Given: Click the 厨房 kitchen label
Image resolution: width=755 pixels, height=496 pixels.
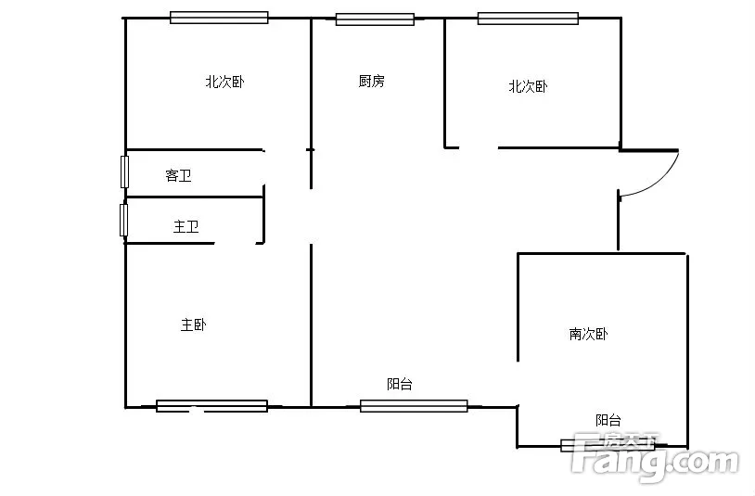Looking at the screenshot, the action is (x=371, y=81).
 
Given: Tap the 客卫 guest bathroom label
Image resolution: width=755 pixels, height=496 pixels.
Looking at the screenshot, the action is (x=179, y=175).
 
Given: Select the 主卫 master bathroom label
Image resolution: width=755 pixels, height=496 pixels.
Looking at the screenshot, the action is (x=186, y=226).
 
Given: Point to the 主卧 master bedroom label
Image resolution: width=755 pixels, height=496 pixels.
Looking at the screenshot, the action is (x=194, y=324).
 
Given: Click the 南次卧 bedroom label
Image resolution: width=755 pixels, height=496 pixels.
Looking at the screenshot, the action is (x=588, y=334).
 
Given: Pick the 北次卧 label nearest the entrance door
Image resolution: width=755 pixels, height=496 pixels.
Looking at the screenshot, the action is (x=528, y=86).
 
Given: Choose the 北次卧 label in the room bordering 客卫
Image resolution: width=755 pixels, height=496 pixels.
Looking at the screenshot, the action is (x=224, y=82).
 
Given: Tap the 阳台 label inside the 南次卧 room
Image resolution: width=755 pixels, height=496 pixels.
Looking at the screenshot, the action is (x=608, y=420).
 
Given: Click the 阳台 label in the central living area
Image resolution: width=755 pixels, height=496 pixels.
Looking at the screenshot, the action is (x=400, y=384).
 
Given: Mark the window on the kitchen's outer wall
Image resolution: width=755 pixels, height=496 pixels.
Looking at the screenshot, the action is (x=375, y=19).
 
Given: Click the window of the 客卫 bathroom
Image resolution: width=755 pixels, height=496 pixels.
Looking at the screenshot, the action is (x=124, y=172).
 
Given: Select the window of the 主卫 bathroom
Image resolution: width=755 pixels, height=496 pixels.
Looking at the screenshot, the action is (x=123, y=220).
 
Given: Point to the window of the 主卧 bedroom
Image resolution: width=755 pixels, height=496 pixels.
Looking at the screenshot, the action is (x=211, y=406).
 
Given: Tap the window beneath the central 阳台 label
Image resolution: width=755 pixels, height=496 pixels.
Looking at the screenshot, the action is (x=414, y=406).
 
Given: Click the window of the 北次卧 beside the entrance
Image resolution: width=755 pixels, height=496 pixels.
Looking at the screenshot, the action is (x=528, y=19).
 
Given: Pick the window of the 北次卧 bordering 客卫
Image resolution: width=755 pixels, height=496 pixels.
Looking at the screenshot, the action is (x=219, y=18).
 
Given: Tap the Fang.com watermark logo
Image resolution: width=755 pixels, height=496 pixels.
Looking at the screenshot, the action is (x=655, y=457).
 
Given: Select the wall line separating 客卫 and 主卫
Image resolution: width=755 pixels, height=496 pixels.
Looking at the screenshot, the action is (x=194, y=197).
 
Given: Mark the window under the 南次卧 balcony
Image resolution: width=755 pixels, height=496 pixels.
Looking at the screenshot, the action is (x=608, y=445).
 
